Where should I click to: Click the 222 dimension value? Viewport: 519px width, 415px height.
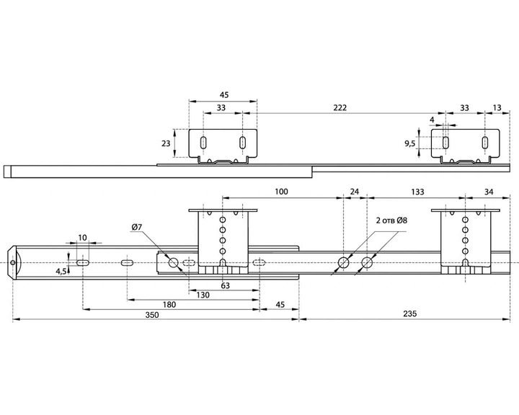coord(340,107)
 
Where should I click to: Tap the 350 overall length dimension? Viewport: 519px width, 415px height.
coord(152,315)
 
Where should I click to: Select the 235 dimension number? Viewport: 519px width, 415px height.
coord(409,313)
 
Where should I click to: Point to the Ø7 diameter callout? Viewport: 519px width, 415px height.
coord(137,227)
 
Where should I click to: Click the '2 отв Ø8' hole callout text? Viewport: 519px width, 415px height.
coord(391,220)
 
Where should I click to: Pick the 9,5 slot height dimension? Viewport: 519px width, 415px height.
coord(409,143)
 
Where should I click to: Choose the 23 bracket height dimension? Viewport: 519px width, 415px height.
coord(166,143)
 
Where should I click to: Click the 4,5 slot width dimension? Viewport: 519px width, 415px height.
coord(61,272)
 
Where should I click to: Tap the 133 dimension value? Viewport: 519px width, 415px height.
coord(417,192)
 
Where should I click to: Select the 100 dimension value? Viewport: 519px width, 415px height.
coord(281,192)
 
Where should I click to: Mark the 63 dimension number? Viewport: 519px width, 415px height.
coord(225,285)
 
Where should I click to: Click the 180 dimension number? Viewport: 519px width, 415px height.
coord(169,305)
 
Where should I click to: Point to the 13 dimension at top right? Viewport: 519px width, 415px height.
coord(497,107)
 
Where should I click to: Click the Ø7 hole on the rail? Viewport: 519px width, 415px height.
coord(174,263)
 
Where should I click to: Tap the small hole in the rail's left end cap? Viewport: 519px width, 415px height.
coord(13,263)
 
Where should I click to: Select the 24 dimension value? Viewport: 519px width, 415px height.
coord(354,192)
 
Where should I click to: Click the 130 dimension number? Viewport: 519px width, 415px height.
coord(203,295)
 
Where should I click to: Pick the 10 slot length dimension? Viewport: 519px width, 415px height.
coord(82,237)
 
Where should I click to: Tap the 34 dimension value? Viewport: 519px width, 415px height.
coord(489,192)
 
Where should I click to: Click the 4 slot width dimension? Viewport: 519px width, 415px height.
coord(432,120)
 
